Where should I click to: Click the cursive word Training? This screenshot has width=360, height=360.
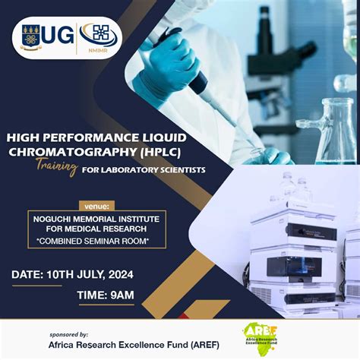point(59,169)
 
